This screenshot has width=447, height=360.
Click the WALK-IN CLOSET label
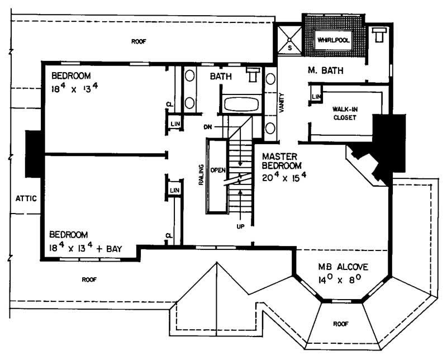point(345,113)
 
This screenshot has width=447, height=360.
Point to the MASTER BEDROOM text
point(283,162)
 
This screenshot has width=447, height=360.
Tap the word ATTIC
point(26,198)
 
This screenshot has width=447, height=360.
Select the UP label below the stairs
point(240,226)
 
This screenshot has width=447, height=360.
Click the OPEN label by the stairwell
point(216,169)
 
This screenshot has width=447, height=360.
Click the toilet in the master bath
point(379,35)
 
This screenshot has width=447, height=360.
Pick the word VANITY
point(282,103)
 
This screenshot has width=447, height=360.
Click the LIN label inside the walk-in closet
point(316,97)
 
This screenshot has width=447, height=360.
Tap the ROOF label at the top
point(137,41)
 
